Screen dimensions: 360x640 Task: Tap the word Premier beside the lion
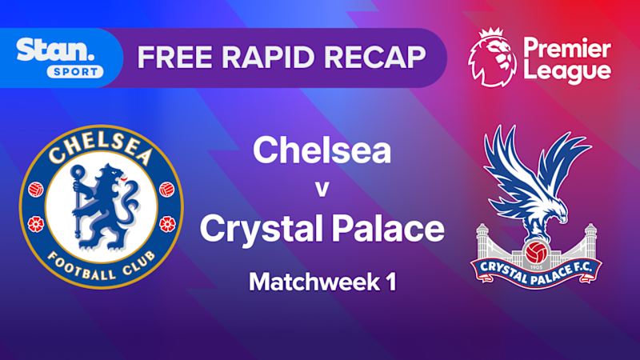(567, 45)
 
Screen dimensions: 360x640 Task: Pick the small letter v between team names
(322, 190)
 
